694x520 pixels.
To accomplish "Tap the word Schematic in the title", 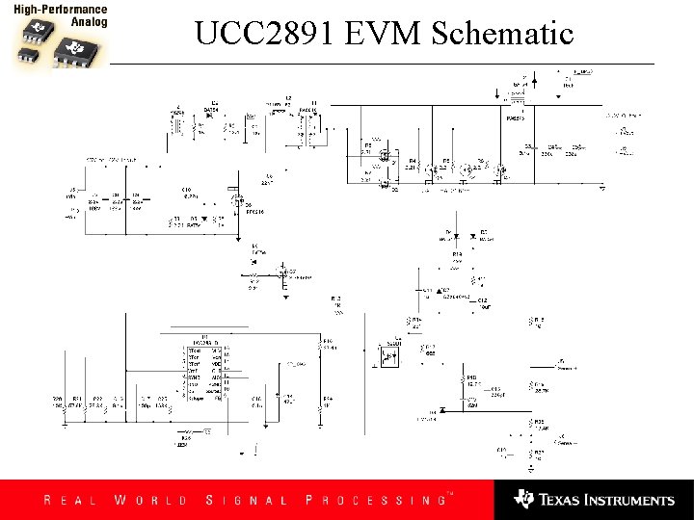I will [x=502, y=34].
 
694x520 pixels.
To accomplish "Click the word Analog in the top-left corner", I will [x=90, y=20].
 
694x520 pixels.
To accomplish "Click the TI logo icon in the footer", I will [x=524, y=499].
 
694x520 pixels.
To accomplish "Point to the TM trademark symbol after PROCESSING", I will [x=448, y=493].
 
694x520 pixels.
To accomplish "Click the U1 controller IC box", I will [x=203, y=371].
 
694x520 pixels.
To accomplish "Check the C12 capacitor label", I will [x=483, y=300].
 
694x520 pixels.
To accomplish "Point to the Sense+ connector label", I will [x=568, y=367].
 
